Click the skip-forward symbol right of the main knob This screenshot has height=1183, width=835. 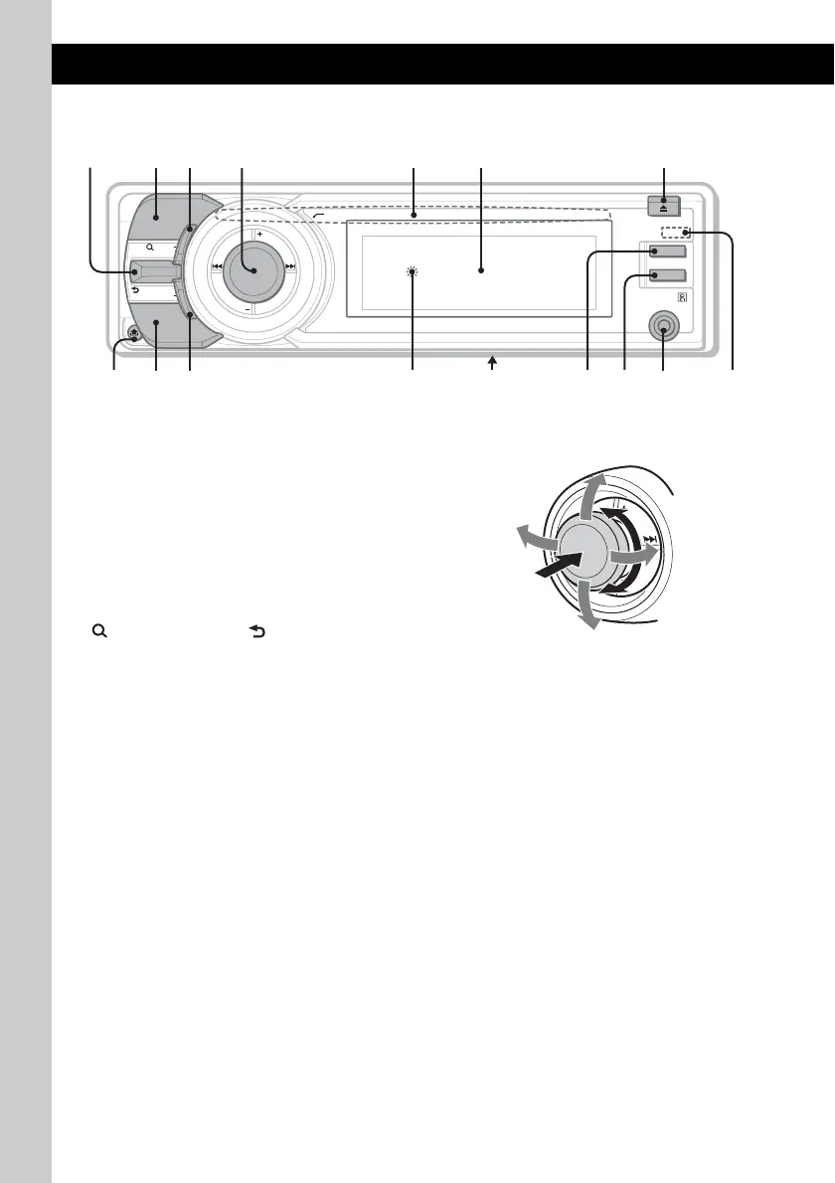[290, 267]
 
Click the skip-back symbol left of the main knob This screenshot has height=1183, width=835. [215, 267]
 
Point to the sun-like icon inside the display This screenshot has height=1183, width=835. [413, 270]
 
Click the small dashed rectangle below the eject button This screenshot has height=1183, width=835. [677, 234]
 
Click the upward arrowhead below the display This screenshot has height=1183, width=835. [491, 365]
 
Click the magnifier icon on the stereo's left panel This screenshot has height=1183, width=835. [148, 245]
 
